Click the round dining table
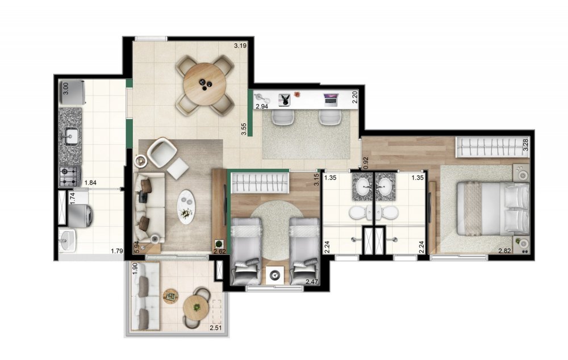click(x=204, y=85)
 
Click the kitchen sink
click(x=71, y=136)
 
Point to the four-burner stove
click(x=70, y=176)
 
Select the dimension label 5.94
click(x=137, y=247)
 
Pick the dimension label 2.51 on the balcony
click(x=215, y=328)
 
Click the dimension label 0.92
click(x=366, y=163)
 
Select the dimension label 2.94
click(x=261, y=106)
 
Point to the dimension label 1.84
click(x=91, y=183)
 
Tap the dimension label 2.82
click(x=504, y=251)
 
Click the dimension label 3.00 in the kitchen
click(x=65, y=89)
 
